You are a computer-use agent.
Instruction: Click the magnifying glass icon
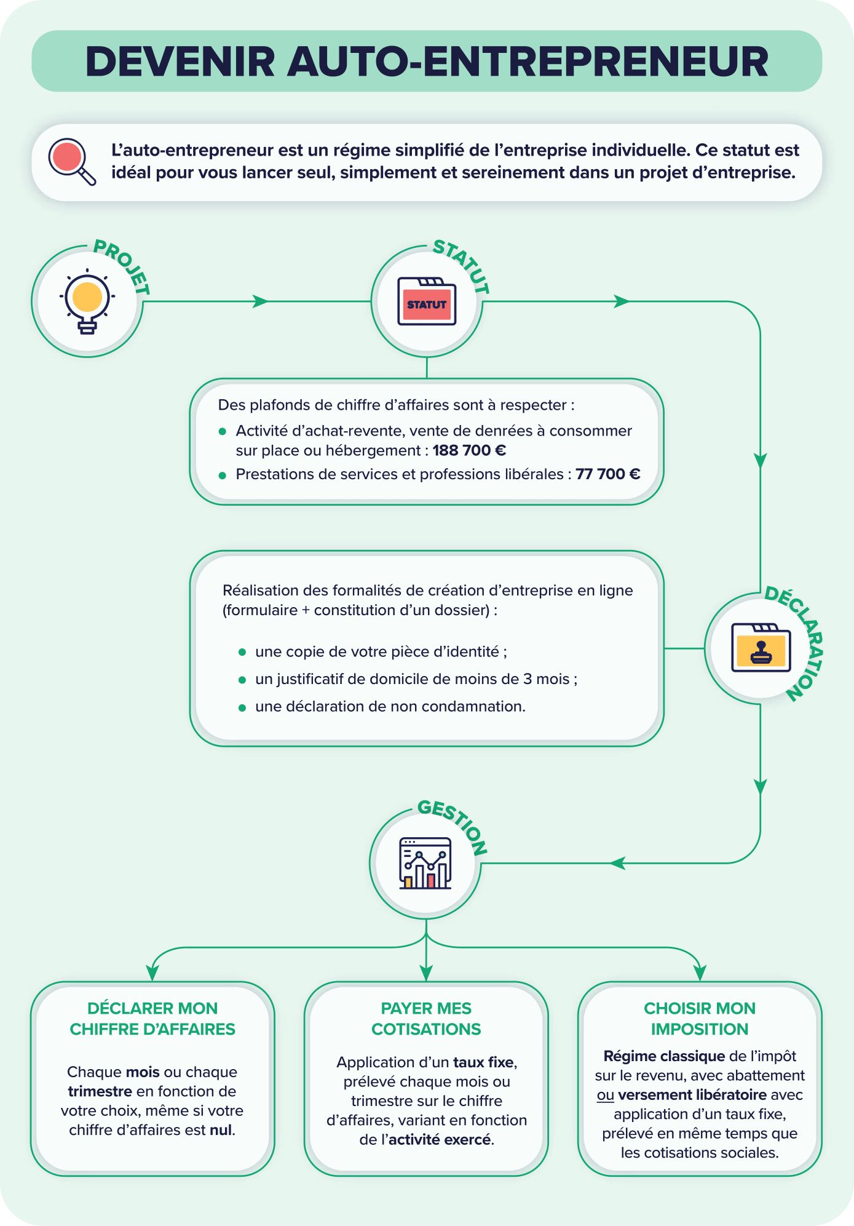pos(72,162)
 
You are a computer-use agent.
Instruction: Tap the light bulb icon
pos(87,302)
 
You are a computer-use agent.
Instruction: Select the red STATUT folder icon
pos(427,301)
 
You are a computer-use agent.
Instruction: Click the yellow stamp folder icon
pos(761,648)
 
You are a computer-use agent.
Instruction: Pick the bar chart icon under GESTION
pos(425,863)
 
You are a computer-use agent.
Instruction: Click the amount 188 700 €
pos(469,450)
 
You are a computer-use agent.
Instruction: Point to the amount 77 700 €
pos(608,474)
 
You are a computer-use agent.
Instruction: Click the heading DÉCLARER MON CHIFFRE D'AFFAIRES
pos(152,1019)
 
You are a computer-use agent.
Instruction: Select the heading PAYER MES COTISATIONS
pos(426,1019)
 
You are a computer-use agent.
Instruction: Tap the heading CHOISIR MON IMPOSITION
pos(700,1019)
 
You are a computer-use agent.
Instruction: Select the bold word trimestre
pos(100,1091)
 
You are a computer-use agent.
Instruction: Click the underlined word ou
pos(606,1095)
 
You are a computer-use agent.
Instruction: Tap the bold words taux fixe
pos(484,1062)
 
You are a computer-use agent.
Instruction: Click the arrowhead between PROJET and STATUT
pos(261,301)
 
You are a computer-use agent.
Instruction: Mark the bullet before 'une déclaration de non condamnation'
pos(242,708)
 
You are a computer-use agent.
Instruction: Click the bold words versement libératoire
pos(692,1095)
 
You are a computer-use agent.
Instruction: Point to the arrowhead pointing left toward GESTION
pos(618,863)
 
